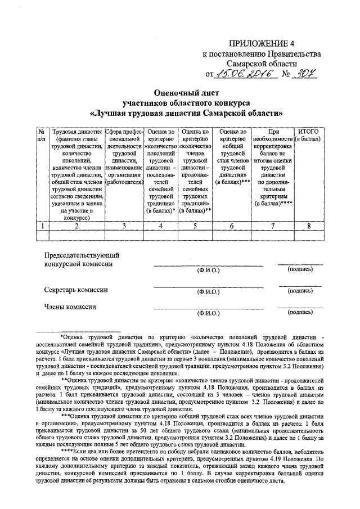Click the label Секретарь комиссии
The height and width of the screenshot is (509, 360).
[x=76, y=290]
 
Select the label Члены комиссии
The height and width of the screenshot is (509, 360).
[x=70, y=307]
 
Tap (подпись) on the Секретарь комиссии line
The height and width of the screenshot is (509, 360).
[x=300, y=291]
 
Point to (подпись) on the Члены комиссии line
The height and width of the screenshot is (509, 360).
[x=300, y=312]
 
